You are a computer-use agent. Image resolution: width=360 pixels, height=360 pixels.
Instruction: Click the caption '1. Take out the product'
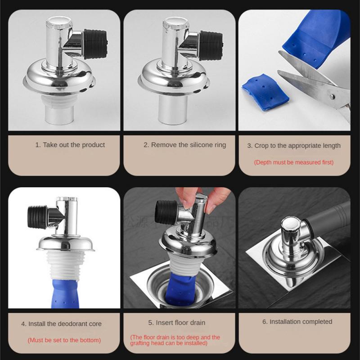pyautogui.click(x=70, y=145)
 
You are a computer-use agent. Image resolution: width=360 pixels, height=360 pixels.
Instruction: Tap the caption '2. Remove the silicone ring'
pyautogui.click(x=185, y=145)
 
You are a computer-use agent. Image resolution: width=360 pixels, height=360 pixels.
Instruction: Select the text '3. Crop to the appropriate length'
pyautogui.click(x=294, y=145)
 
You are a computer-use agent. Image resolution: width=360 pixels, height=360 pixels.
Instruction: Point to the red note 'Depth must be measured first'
pyautogui.click(x=294, y=162)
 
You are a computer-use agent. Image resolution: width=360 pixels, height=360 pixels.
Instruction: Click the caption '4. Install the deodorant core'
pyautogui.click(x=61, y=324)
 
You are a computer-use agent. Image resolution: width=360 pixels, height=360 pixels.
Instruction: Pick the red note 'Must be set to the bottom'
pyautogui.click(x=64, y=340)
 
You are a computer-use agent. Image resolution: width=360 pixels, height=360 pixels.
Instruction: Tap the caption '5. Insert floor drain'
pyautogui.click(x=176, y=323)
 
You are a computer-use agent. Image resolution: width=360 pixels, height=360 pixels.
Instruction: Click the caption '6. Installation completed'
pyautogui.click(x=297, y=322)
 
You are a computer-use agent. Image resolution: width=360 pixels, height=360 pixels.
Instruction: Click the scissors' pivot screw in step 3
pyautogui.click(x=332, y=95)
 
